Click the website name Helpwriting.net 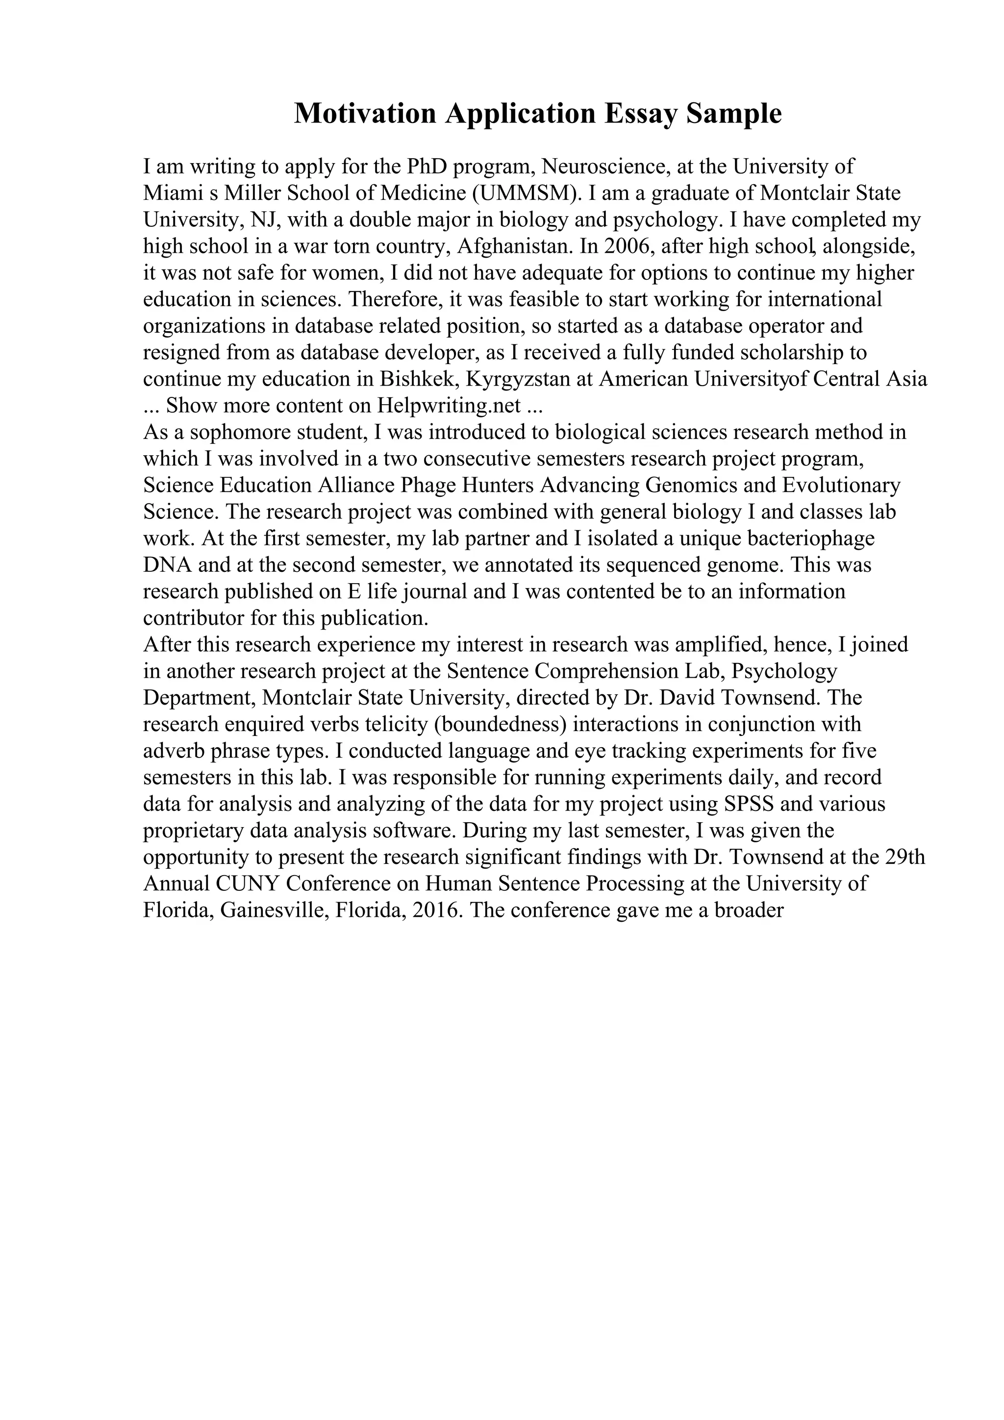449,406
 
